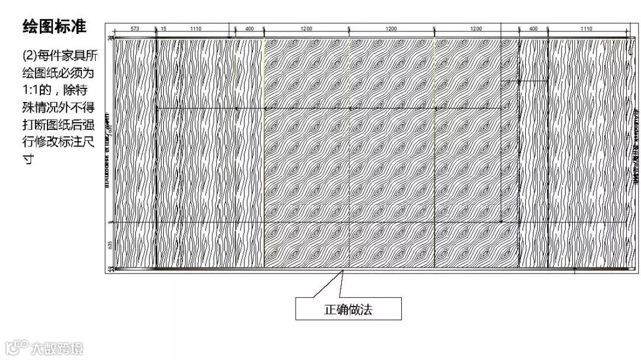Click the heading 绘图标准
pyautogui.click(x=54, y=27)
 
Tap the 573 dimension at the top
pyautogui.click(x=135, y=28)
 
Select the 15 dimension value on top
pyautogui.click(x=164, y=28)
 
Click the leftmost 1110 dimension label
pyautogui.click(x=196, y=28)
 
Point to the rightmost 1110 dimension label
pyautogui.click(x=586, y=28)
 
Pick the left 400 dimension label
pyautogui.click(x=249, y=28)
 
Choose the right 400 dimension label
pyautogui.click(x=533, y=28)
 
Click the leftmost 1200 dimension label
pyautogui.click(x=306, y=28)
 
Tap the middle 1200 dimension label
pyautogui.click(x=391, y=28)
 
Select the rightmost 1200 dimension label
pyautogui.click(x=476, y=28)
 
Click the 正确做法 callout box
pyautogui.click(x=348, y=309)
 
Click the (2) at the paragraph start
pyautogui.click(x=29, y=56)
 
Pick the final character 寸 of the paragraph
pyautogui.click(x=28, y=160)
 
